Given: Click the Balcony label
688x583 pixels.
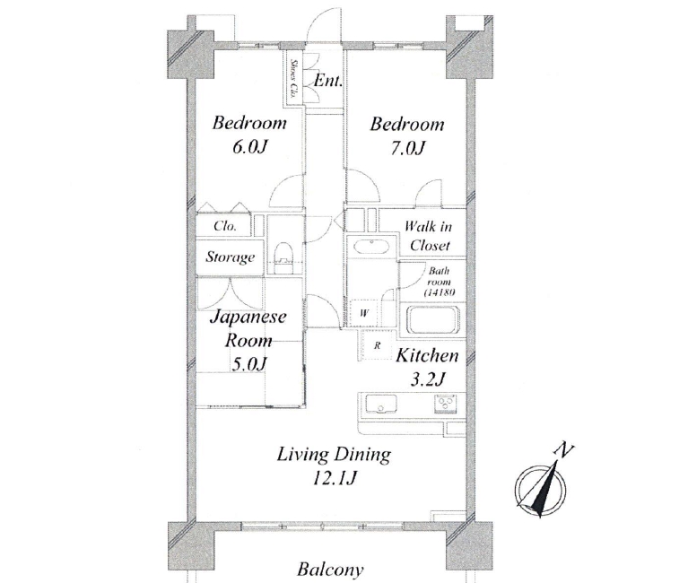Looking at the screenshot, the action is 330,570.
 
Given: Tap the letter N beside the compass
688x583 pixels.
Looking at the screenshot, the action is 564,450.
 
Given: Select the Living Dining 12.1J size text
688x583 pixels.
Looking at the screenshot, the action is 334,478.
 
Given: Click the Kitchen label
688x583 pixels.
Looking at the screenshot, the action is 426,355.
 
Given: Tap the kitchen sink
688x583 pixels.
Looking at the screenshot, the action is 381,404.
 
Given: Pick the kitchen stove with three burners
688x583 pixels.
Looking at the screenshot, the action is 446,404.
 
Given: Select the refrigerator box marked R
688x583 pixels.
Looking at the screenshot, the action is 377,345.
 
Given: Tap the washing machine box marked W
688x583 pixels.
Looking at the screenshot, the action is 364,313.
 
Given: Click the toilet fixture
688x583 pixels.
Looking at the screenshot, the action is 283,257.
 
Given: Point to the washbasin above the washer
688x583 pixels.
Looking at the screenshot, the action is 371,247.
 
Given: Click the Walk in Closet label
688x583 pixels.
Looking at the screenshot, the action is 429,236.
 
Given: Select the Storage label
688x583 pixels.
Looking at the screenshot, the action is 231,257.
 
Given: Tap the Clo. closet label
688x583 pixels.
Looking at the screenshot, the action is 225,226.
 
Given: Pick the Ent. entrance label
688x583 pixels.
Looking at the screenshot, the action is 327,81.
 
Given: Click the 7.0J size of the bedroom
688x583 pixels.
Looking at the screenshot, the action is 407,148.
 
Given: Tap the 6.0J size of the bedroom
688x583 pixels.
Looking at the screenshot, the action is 249,147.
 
